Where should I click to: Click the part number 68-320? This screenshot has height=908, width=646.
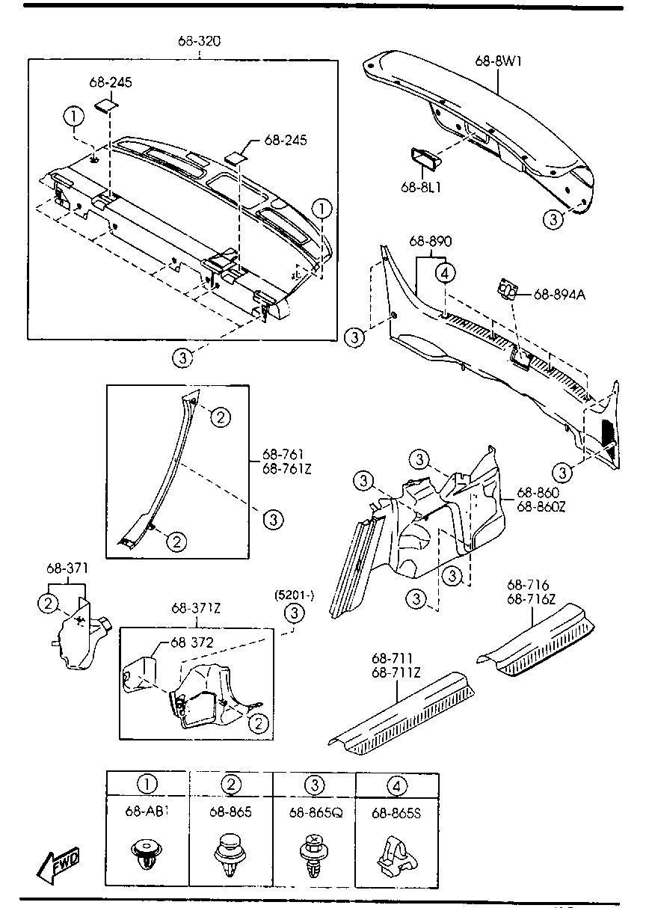pos(200,41)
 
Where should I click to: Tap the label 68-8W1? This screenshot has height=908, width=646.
pos(499,61)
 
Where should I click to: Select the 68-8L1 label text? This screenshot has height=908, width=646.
pos(421,187)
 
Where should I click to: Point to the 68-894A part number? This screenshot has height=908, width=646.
pos(559,294)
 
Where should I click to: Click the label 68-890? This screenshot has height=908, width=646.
pos(430,241)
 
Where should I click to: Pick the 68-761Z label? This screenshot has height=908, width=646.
pos(287,469)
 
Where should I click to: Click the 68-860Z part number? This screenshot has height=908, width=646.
pos(541,506)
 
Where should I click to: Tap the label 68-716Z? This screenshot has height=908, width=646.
pos(532,599)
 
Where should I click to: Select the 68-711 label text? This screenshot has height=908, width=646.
pos(392,658)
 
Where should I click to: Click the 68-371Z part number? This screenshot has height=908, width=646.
pos(196,608)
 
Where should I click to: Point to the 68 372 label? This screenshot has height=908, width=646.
pos(191,642)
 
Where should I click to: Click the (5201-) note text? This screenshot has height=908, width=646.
pos(295,595)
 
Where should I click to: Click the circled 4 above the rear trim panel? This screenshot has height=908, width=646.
pos(445,274)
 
